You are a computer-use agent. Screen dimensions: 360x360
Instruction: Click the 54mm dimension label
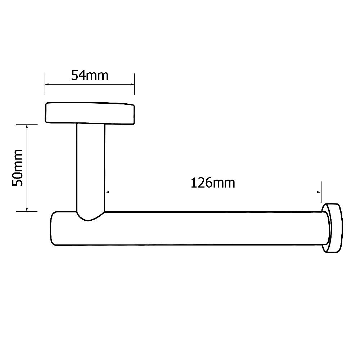(x=89, y=76)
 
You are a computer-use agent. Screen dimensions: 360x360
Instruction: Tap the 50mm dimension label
(x=18, y=168)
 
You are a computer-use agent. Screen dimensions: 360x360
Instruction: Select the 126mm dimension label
(x=212, y=183)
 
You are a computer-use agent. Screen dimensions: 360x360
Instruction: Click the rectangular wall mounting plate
(x=89, y=113)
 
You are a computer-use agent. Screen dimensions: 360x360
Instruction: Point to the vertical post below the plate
(x=91, y=166)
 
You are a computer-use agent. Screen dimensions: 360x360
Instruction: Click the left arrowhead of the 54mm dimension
(x=47, y=85)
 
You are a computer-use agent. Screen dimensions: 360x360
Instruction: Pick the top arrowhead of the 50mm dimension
(x=27, y=126)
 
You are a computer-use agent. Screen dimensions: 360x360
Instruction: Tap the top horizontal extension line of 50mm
(x=27, y=124)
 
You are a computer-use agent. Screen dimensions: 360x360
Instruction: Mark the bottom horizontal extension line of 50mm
(x=27, y=211)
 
